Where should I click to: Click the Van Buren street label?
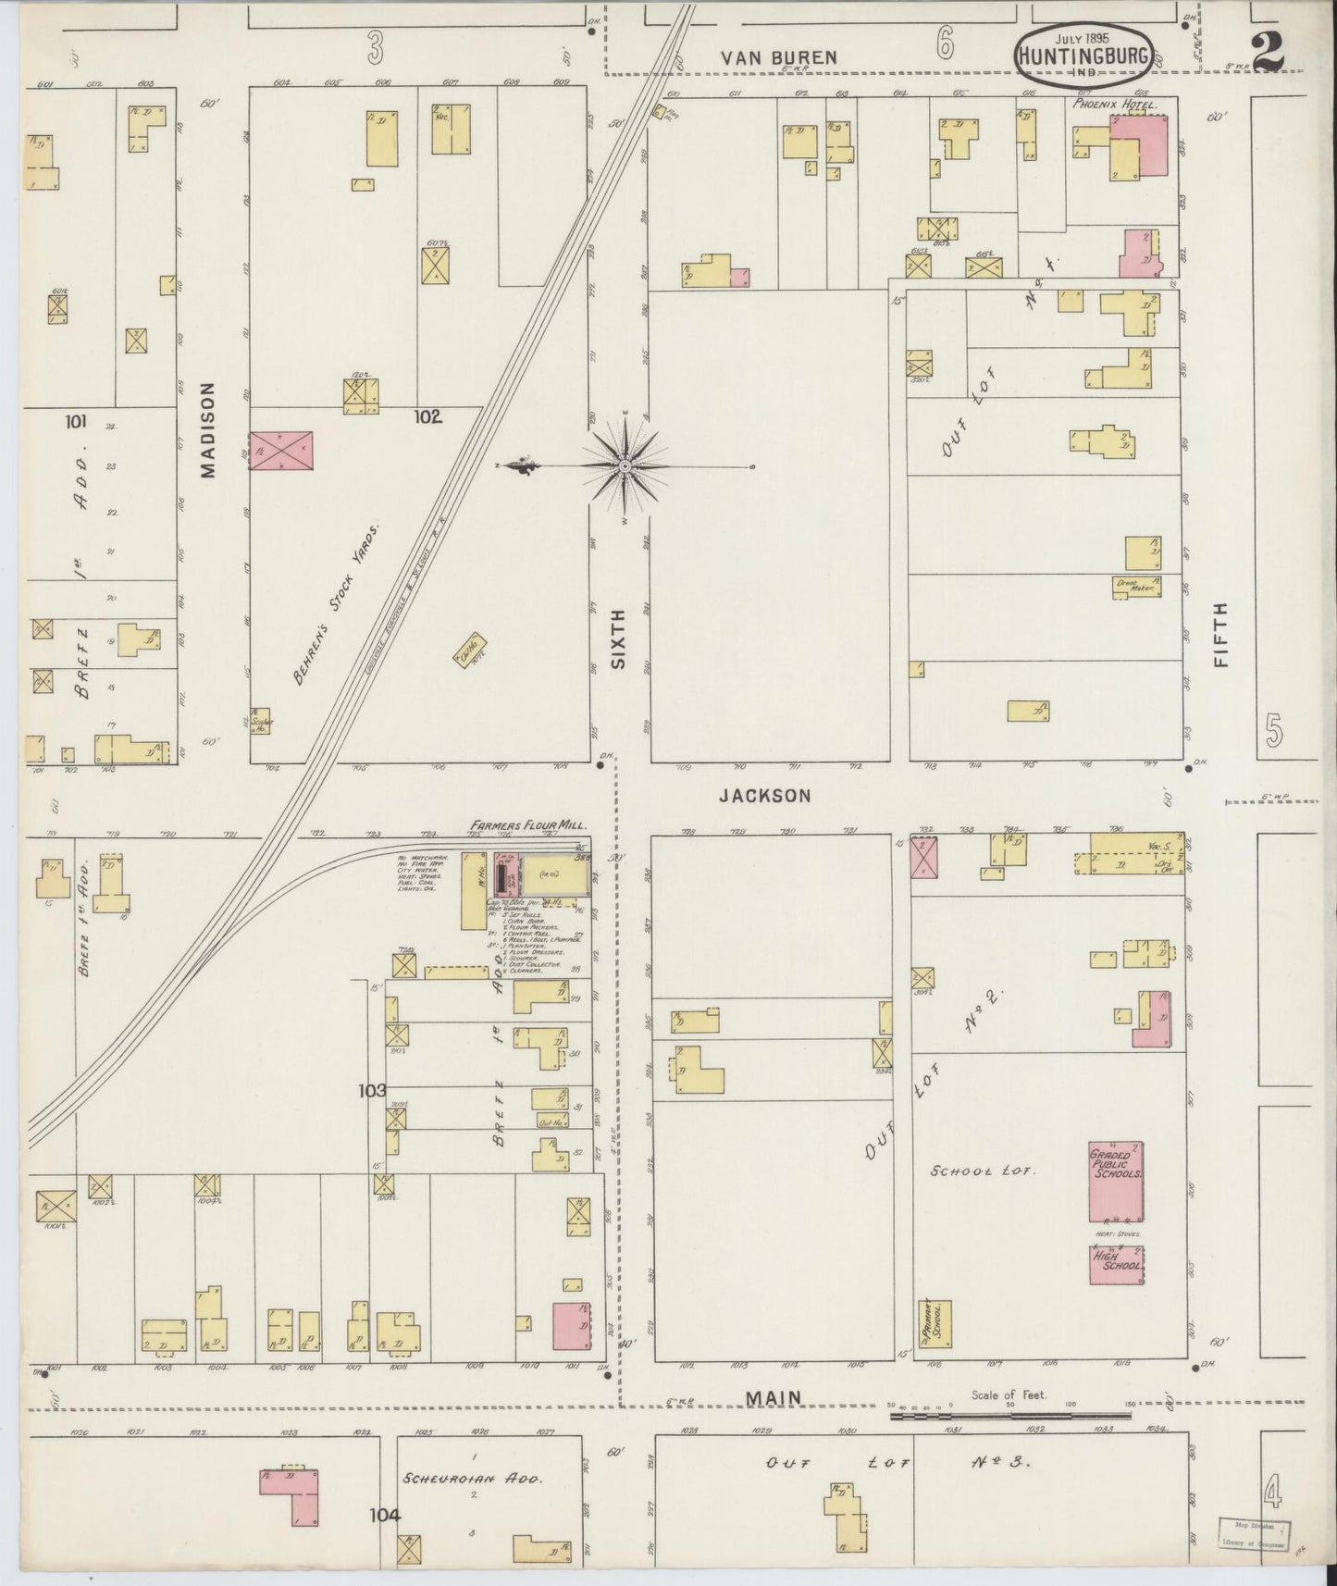[779, 57]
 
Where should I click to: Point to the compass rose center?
[625, 466]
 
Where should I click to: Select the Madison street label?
[207, 430]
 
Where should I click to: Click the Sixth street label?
[619, 638]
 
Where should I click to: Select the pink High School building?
[1117, 1264]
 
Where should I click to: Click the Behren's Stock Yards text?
[337, 606]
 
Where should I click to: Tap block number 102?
[427, 417]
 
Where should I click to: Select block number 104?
[385, 1515]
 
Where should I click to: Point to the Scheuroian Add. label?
[472, 1479]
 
